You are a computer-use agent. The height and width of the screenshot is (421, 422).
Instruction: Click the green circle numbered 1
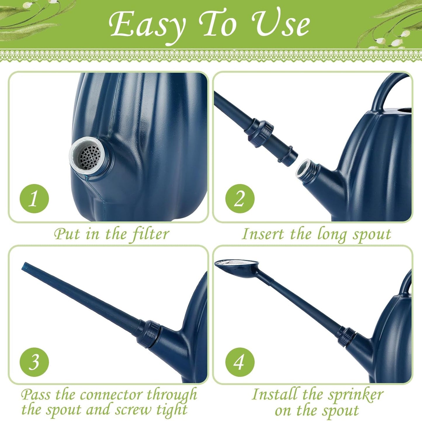click(34, 199)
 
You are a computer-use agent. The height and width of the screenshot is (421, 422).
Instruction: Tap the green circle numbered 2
click(240, 199)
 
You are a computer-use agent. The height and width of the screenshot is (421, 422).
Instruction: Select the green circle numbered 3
click(34, 362)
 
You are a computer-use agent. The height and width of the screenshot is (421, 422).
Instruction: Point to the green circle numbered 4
click(240, 362)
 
